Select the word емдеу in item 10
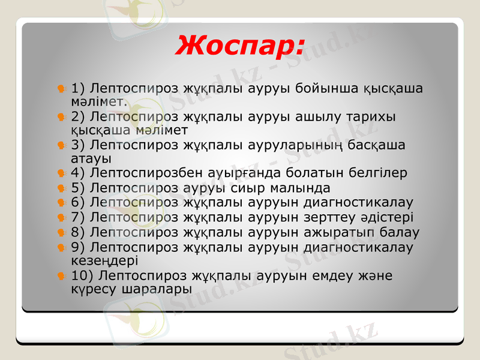334,275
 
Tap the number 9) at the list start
78,247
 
